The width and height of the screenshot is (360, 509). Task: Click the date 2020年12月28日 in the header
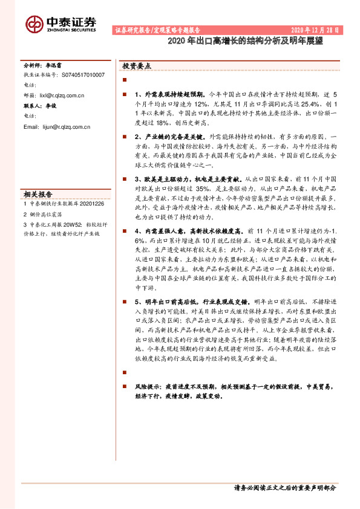click(x=315, y=30)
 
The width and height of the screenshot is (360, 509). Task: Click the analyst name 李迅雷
click(x=56, y=63)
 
